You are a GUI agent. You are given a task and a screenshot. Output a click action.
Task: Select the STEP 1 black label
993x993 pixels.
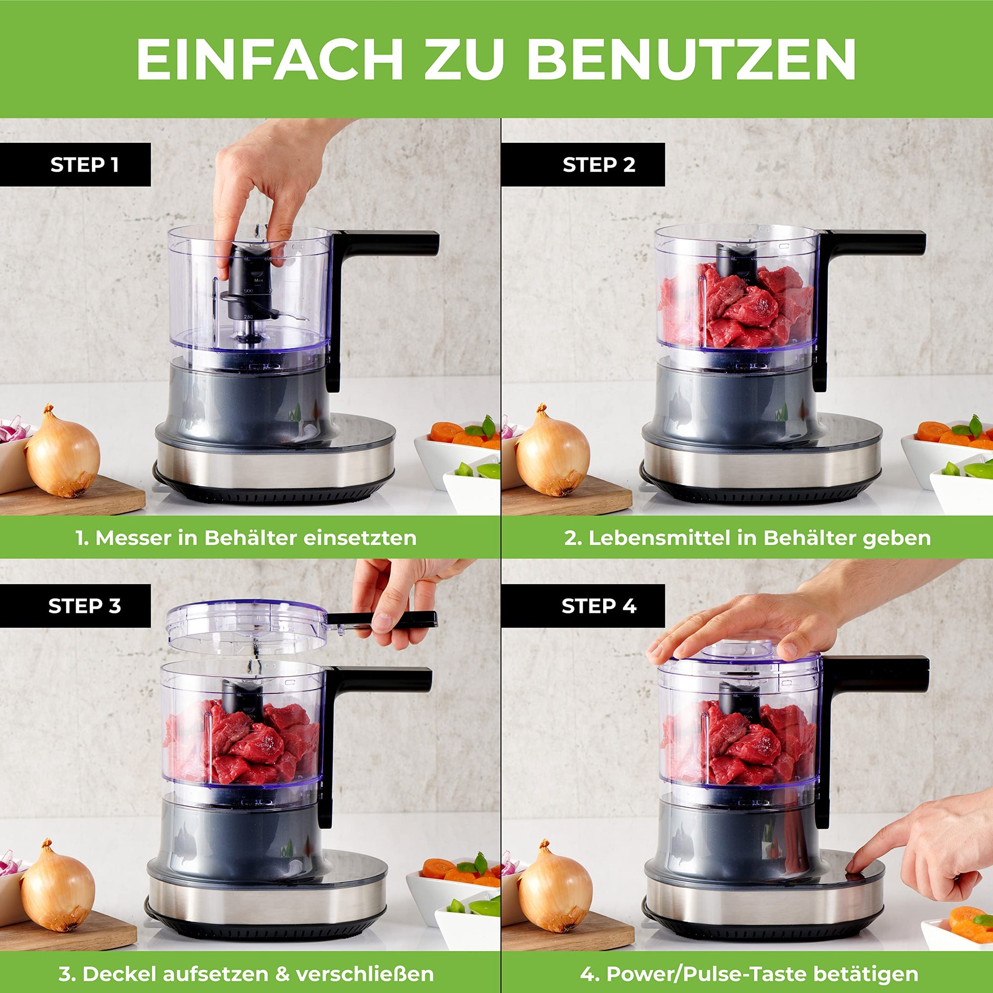point(76,164)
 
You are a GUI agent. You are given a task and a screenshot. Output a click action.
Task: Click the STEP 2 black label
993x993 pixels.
point(583,164)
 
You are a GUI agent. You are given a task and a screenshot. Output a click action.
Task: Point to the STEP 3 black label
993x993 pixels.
point(76,606)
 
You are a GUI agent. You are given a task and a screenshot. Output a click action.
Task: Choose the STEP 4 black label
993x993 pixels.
point(583,606)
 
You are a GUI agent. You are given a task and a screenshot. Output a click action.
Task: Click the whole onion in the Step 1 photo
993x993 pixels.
point(62,452)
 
